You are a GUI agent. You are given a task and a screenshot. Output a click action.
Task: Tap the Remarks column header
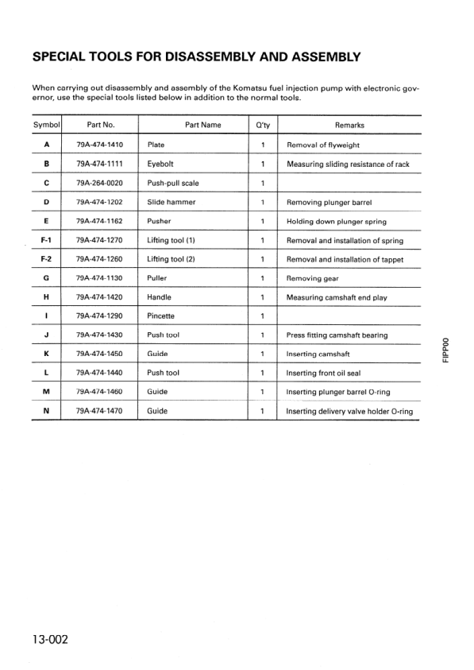349,126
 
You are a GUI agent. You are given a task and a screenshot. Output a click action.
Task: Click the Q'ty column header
262,126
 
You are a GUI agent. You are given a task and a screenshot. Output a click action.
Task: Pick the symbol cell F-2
47,259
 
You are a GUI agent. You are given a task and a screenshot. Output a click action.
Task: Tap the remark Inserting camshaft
321,354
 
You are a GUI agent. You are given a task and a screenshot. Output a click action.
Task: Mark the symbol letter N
47,411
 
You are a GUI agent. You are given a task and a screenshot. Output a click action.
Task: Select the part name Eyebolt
164,165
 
